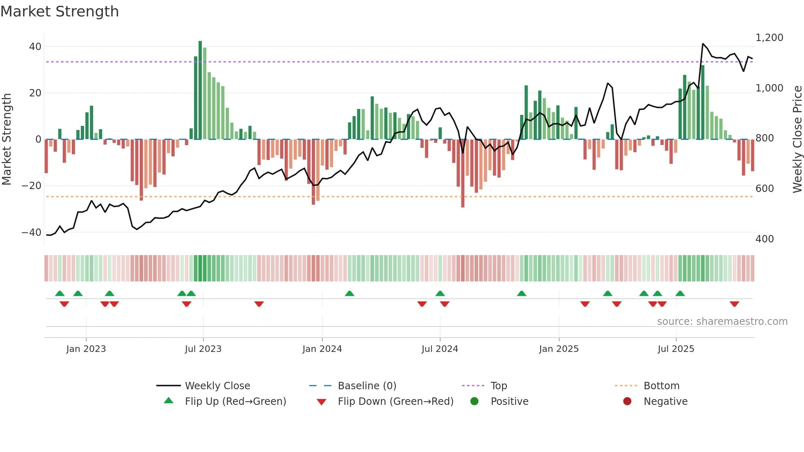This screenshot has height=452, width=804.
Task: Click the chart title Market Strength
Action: point(59,11)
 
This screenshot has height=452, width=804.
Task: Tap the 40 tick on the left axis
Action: point(35,47)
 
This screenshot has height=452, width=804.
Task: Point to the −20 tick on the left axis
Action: point(31,186)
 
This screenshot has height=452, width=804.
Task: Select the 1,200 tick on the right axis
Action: point(769,38)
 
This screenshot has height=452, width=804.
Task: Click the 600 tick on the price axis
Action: point(764,189)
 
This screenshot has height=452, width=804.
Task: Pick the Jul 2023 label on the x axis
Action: point(203,349)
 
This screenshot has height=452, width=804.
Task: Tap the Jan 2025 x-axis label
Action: point(559,349)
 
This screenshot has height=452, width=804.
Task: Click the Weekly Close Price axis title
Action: point(797,139)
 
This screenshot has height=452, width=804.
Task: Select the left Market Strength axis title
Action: point(7,139)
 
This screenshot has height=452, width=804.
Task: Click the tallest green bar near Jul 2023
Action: point(200,90)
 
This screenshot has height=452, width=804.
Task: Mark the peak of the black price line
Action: point(703,44)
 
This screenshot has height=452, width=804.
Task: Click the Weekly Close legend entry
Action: point(217,386)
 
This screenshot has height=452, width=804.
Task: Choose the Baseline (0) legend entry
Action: point(367,386)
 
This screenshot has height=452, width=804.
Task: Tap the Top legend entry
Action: point(498,386)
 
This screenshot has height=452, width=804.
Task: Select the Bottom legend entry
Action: point(661,386)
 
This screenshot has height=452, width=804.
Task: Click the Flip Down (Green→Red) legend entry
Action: point(395,402)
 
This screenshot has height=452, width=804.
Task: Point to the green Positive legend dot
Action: point(475,402)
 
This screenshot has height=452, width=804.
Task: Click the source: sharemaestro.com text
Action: point(722,322)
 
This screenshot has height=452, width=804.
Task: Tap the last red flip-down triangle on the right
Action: point(734,304)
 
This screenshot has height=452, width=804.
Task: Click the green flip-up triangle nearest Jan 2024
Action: point(349,294)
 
